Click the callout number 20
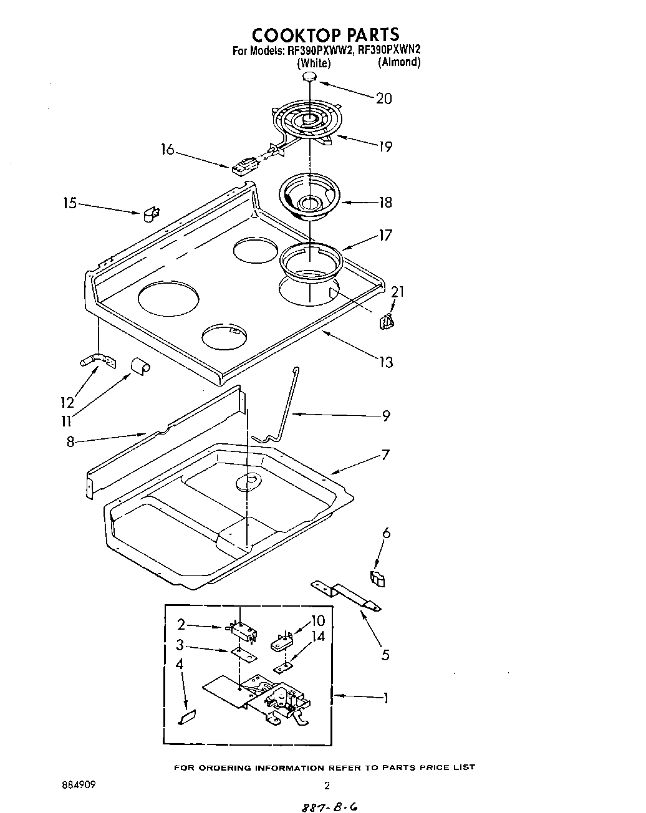click(384, 98)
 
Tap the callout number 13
click(386, 362)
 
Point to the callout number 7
click(385, 455)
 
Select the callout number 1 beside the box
click(386, 698)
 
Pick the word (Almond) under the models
click(399, 62)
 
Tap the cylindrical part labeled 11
click(140, 367)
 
